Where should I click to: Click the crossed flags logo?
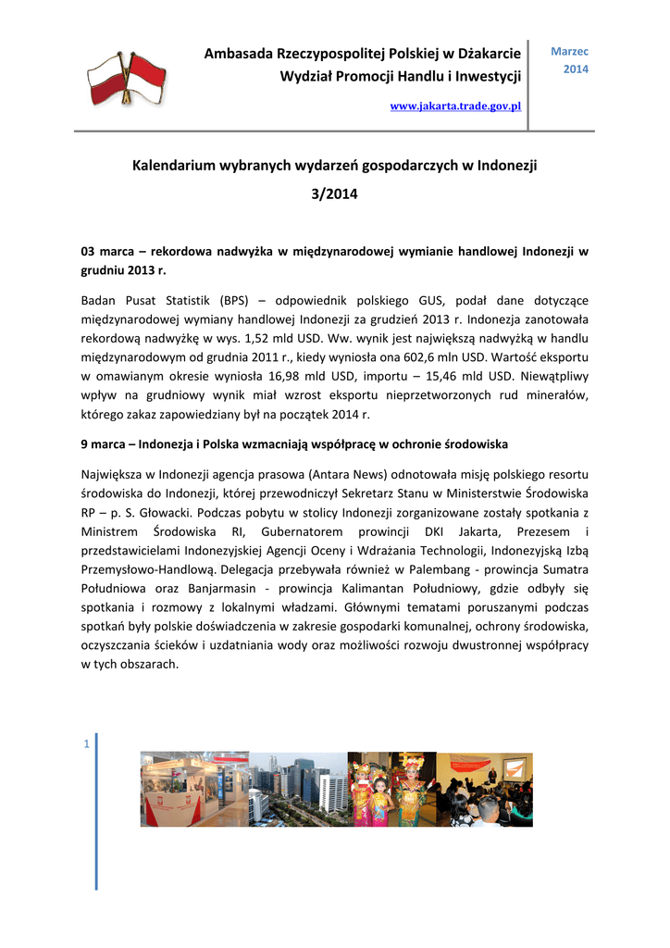click(x=126, y=78)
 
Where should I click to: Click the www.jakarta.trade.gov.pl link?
click(x=455, y=106)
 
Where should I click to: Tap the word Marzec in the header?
click(x=569, y=52)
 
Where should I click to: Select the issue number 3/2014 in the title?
click(x=334, y=195)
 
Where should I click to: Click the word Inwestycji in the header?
click(x=488, y=75)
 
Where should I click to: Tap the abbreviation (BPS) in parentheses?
click(x=236, y=300)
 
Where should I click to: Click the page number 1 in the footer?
click(x=86, y=744)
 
